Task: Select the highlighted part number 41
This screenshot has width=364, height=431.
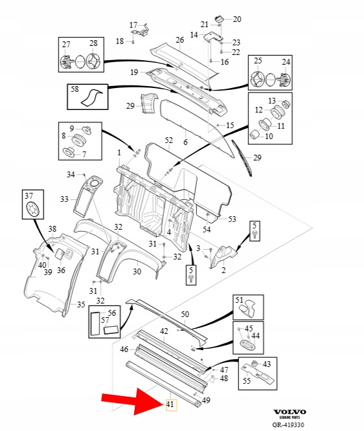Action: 170,404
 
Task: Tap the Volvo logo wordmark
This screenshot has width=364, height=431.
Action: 290,412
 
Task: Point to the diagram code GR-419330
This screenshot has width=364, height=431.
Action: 288,425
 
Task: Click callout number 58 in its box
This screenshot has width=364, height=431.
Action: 75,89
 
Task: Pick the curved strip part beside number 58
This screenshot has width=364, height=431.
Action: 91,98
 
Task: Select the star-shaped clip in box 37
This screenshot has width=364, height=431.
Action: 33,208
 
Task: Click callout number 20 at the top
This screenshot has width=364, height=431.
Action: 237,19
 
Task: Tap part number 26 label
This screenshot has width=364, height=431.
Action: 179,40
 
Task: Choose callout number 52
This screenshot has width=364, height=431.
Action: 168,140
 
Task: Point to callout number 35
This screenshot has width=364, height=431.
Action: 81,305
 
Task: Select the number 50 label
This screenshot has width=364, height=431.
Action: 185,314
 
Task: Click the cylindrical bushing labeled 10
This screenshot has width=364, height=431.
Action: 255,135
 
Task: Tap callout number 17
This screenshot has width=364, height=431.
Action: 133,25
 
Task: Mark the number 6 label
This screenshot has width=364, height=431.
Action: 185,142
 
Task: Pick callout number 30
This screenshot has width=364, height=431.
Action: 137,272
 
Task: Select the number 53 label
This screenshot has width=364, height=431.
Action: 233,219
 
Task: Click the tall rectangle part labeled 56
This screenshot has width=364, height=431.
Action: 95,324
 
